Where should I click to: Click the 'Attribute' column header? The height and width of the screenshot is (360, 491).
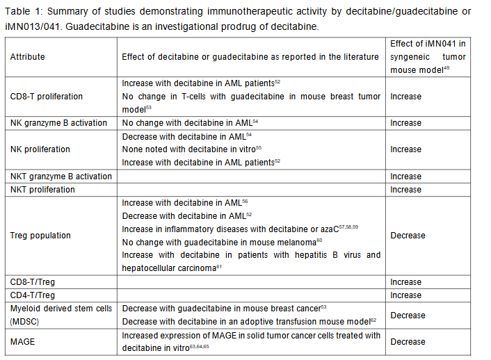[x=27, y=56]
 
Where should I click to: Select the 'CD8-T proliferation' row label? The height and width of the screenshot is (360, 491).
[x=46, y=96]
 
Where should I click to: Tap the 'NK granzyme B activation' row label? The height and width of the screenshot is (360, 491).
[x=58, y=123]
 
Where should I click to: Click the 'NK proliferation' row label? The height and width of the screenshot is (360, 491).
[x=40, y=149]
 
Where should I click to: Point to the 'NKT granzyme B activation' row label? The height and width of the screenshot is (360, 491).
[x=61, y=177]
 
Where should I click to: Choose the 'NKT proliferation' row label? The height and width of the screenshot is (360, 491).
[x=42, y=190]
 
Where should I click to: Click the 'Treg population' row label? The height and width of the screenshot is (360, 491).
[x=40, y=236]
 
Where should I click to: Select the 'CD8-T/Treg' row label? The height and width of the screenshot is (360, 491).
[x=31, y=282]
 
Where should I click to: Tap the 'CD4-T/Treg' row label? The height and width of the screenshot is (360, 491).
[x=31, y=295]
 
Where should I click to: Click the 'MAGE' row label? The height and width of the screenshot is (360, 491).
[x=22, y=342]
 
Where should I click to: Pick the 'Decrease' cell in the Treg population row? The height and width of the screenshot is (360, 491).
[x=408, y=236]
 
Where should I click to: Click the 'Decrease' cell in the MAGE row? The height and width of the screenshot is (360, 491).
[x=408, y=342]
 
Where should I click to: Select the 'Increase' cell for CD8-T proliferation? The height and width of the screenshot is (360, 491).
[x=406, y=96]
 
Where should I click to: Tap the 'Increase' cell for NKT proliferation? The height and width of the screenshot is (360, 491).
[x=406, y=190]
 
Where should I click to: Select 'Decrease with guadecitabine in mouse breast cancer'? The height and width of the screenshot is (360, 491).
[x=220, y=308]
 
